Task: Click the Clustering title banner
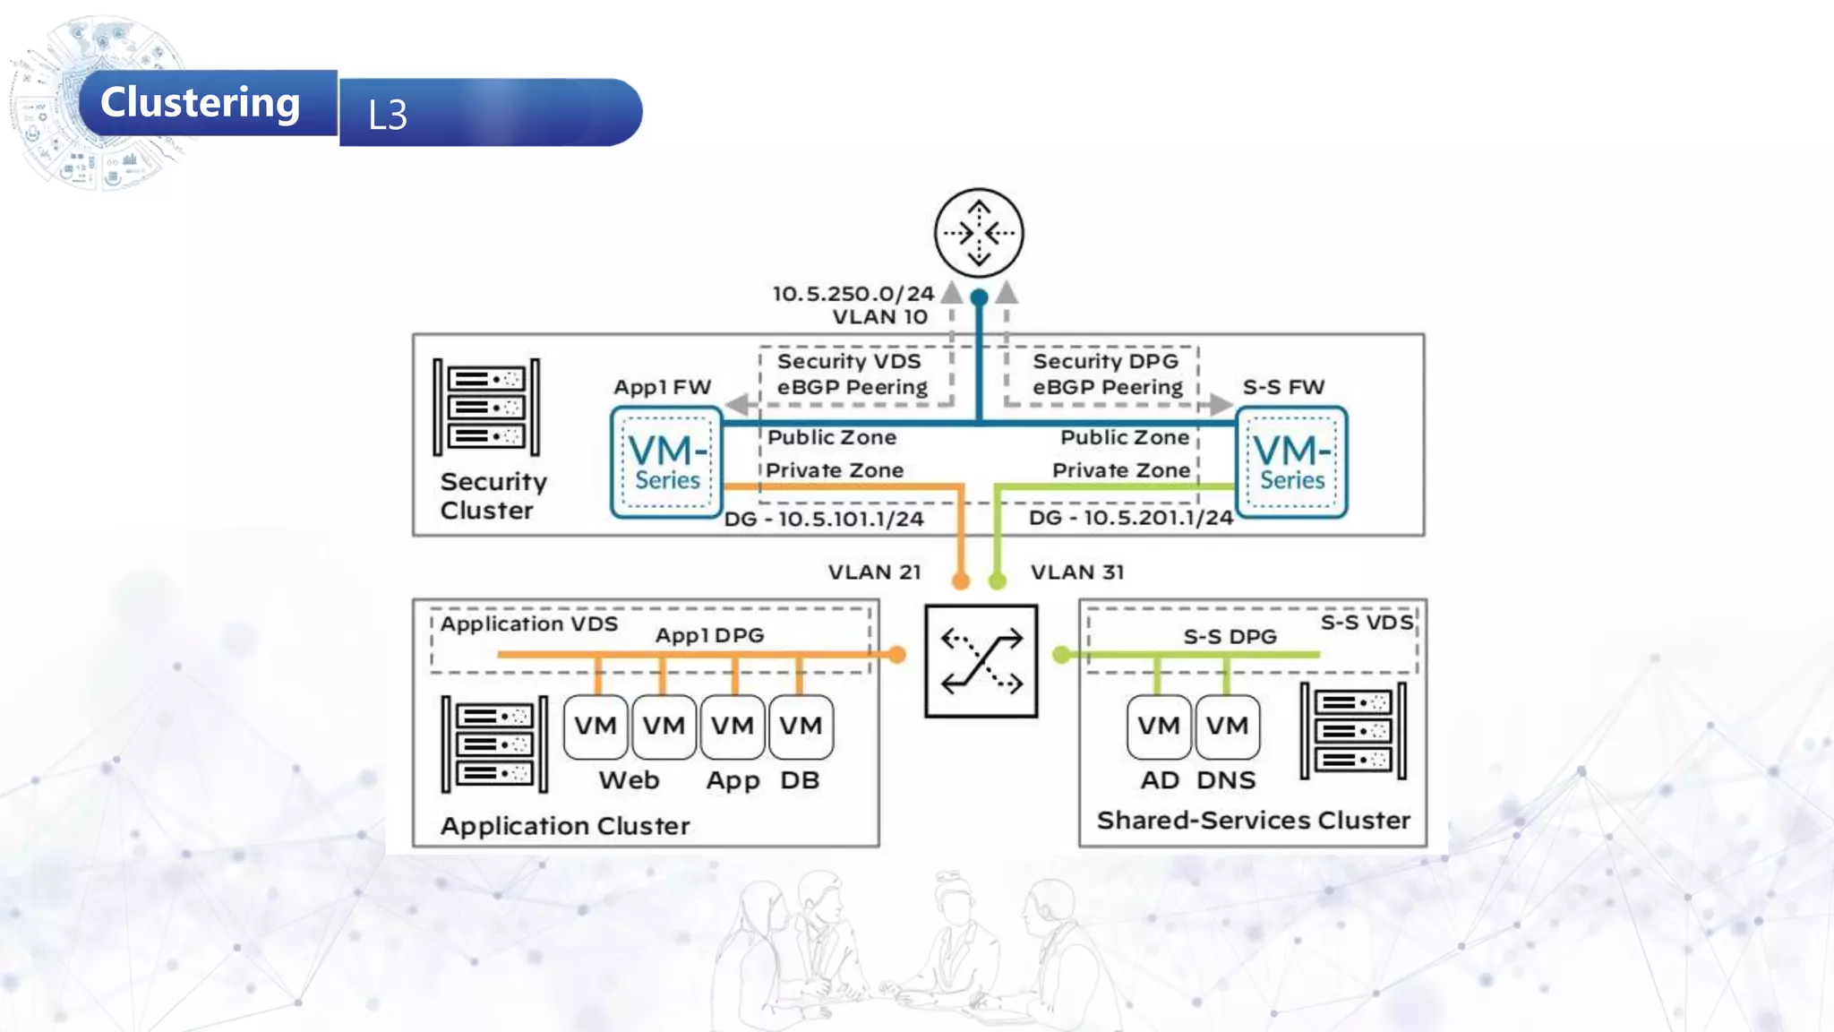[201, 103]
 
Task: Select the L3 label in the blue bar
[388, 115]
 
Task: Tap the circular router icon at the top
[979, 233]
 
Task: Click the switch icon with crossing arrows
[981, 661]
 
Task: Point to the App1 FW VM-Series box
[666, 462]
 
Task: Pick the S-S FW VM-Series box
[1291, 462]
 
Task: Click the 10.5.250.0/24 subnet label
[853, 294]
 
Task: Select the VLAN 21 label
[874, 572]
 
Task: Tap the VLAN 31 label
[1076, 572]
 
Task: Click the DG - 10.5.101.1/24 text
[824, 520]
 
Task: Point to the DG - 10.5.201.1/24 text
[1130, 518]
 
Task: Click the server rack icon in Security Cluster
[486, 408]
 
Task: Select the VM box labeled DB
[801, 727]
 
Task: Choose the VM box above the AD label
[1159, 727]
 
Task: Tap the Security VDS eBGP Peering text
[852, 374]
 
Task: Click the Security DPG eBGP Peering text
[1107, 374]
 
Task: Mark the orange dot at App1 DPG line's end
[896, 655]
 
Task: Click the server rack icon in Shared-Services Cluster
[1353, 731]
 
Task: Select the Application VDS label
[528, 624]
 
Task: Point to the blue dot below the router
[980, 297]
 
